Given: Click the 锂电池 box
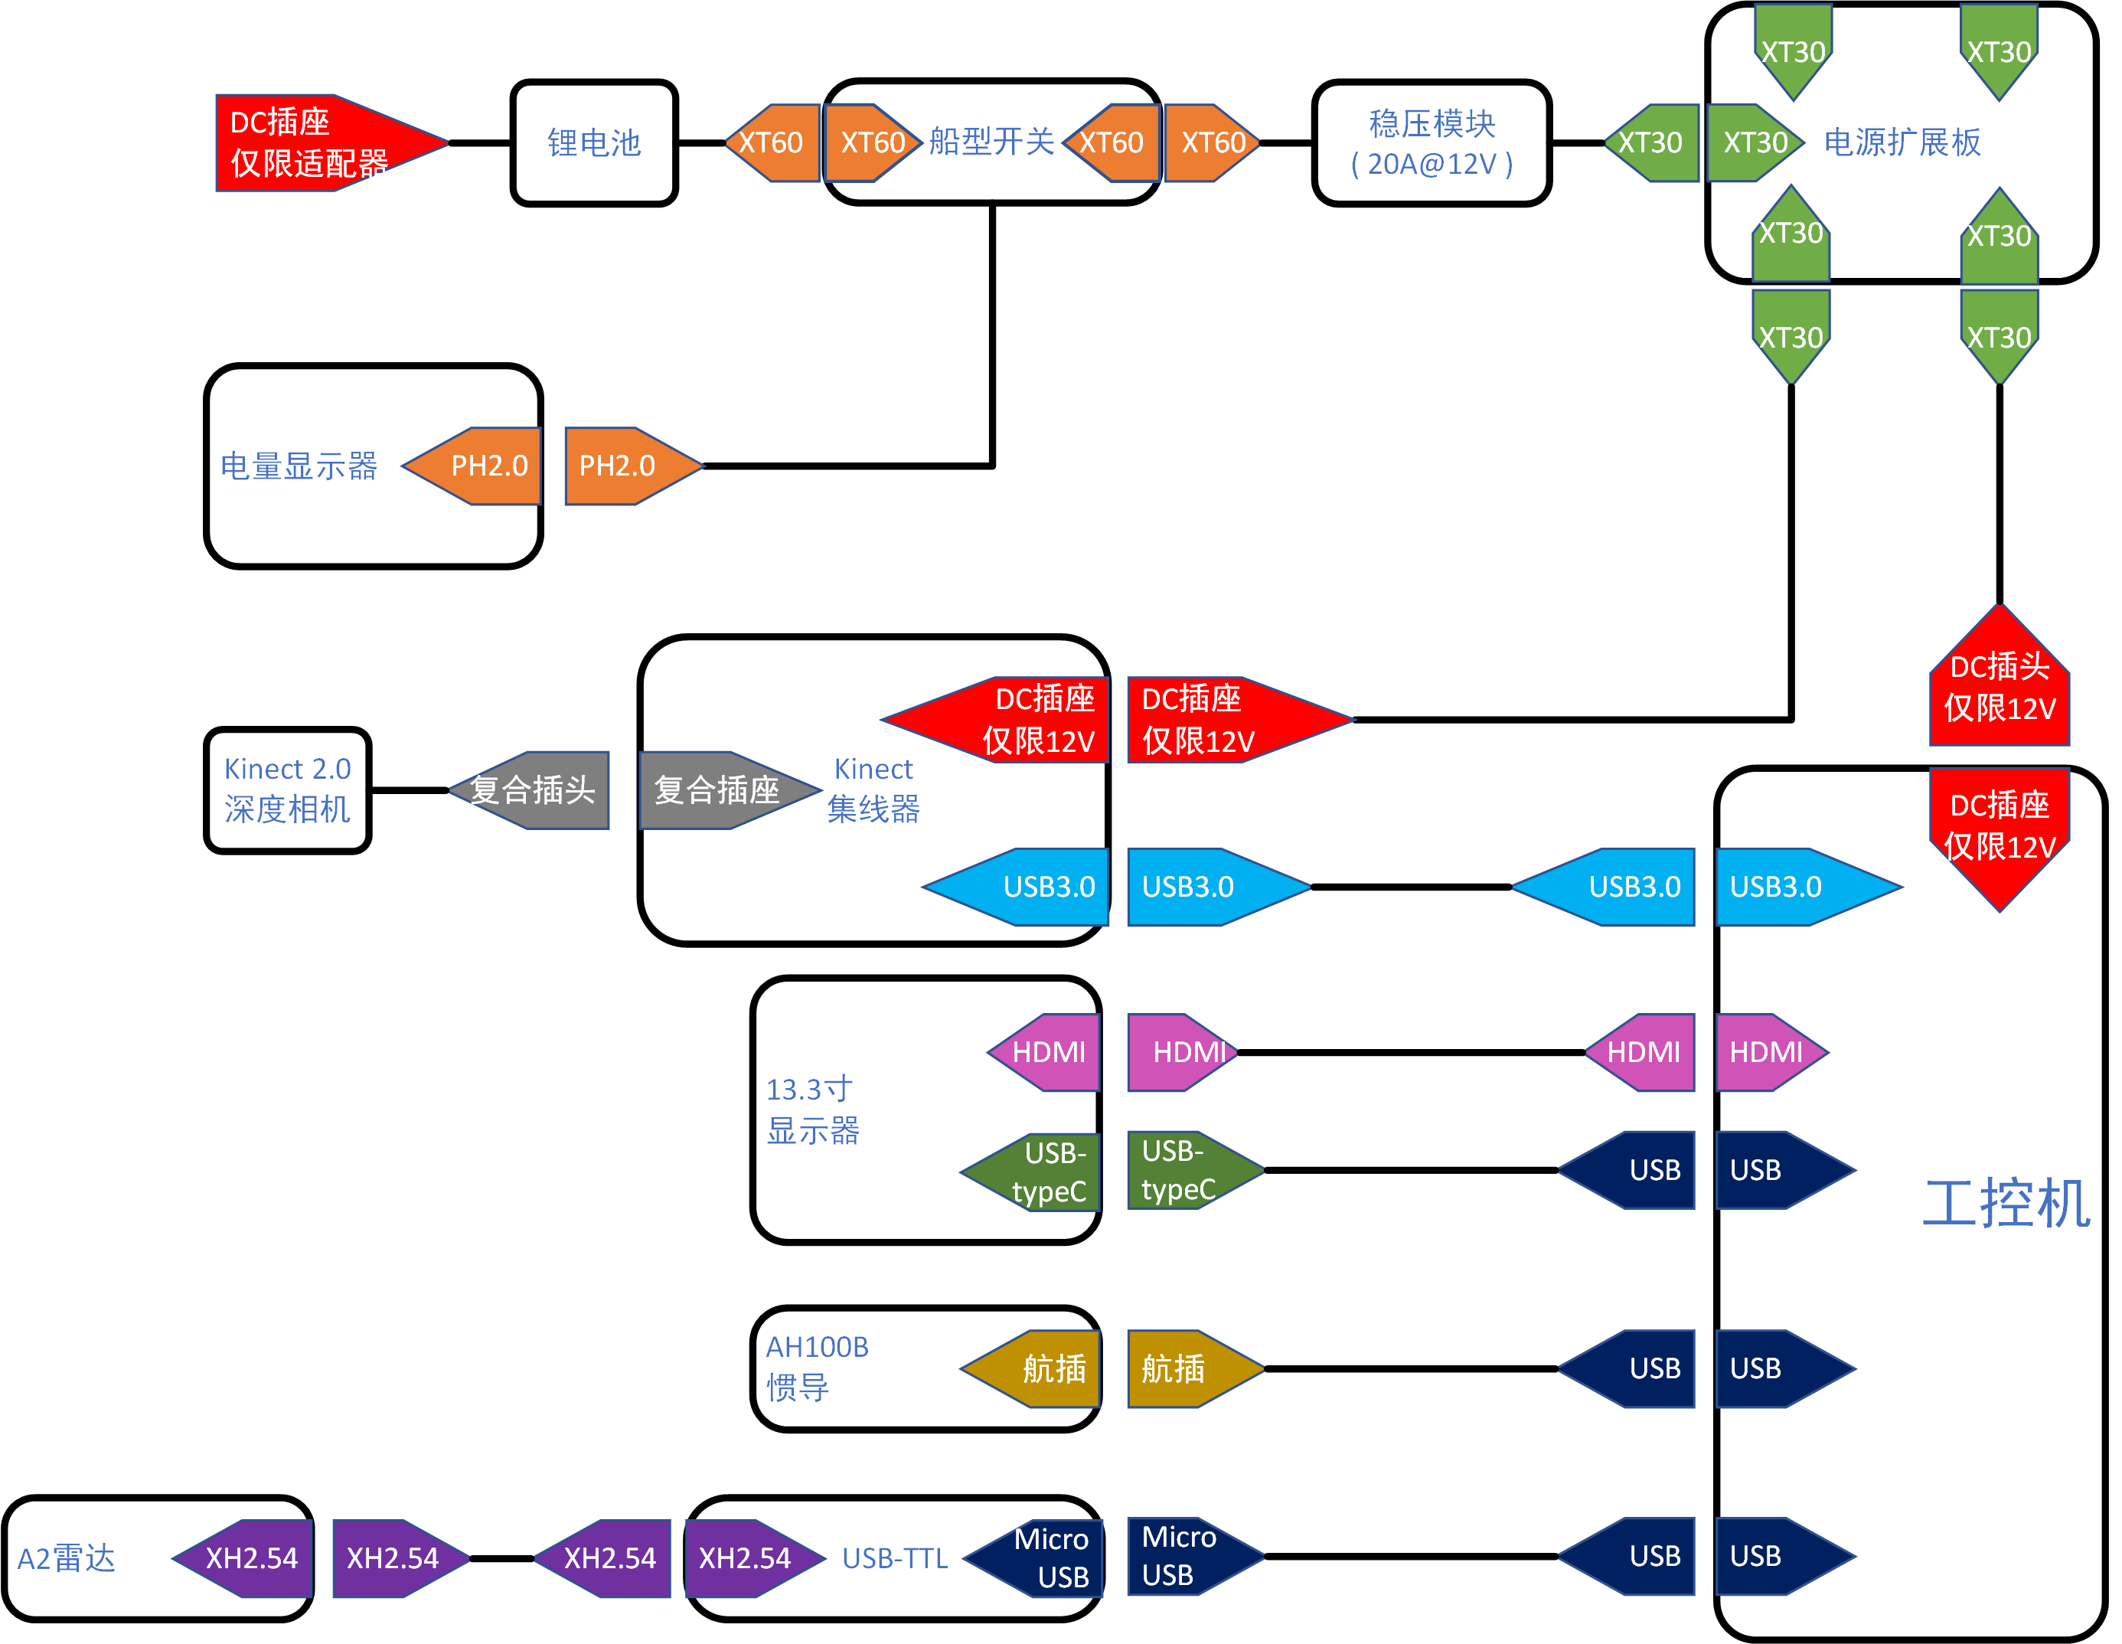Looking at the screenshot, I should tap(594, 143).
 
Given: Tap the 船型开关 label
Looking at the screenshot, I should tap(991, 142).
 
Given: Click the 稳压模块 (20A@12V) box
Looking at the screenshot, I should tap(1432, 143).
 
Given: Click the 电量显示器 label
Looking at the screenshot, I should tap(299, 466).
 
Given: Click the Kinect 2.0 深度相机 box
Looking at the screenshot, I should tap(288, 789).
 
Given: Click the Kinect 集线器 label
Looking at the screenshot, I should tap(873, 789).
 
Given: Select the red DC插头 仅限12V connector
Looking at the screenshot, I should tap(1999, 685).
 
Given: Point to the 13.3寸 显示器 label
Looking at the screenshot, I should tap(812, 1110).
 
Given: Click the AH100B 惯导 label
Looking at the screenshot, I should tap(816, 1367).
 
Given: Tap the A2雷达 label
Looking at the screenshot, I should tap(66, 1558).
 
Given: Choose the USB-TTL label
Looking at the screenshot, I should tap(894, 1558).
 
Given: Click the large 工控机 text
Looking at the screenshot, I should tap(2006, 1203).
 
